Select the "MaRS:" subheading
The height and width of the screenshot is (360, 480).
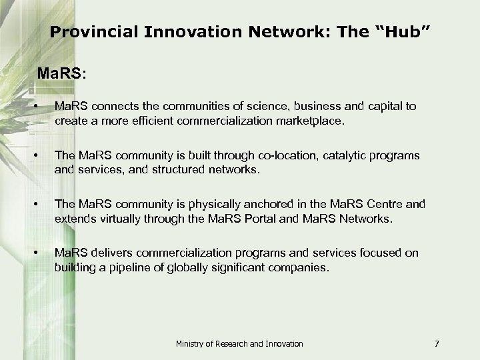[x=61, y=72]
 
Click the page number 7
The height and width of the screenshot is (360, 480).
[x=436, y=343]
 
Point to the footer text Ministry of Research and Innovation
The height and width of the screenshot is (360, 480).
[x=239, y=343]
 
